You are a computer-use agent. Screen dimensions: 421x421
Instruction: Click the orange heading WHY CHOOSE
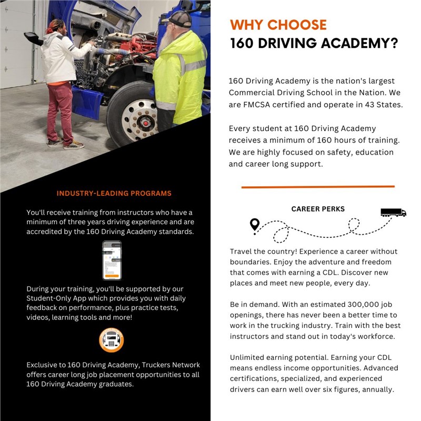tap(278, 25)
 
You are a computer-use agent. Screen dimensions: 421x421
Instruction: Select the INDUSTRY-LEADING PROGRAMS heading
tap(114, 193)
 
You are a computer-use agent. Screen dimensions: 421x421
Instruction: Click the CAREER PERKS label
tap(318, 209)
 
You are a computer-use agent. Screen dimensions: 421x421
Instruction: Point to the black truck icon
tap(393, 213)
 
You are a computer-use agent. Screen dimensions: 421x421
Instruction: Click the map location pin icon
tap(255, 226)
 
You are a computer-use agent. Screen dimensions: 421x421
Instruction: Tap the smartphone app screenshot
tap(112, 260)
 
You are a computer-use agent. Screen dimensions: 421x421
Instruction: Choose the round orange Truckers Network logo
tap(112, 340)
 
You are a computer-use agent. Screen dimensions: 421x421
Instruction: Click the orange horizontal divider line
tap(318, 186)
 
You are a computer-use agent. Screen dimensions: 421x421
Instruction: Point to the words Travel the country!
tap(260, 251)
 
